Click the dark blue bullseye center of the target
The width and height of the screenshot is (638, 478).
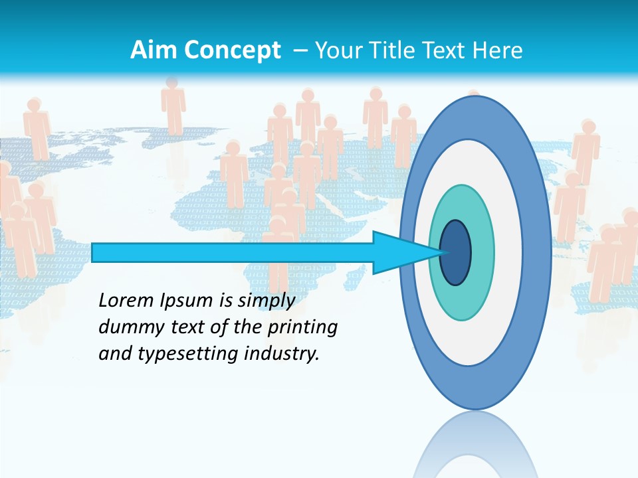point(455,253)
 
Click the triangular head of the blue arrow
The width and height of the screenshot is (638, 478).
point(399,253)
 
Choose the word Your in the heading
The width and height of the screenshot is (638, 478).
point(337,50)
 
